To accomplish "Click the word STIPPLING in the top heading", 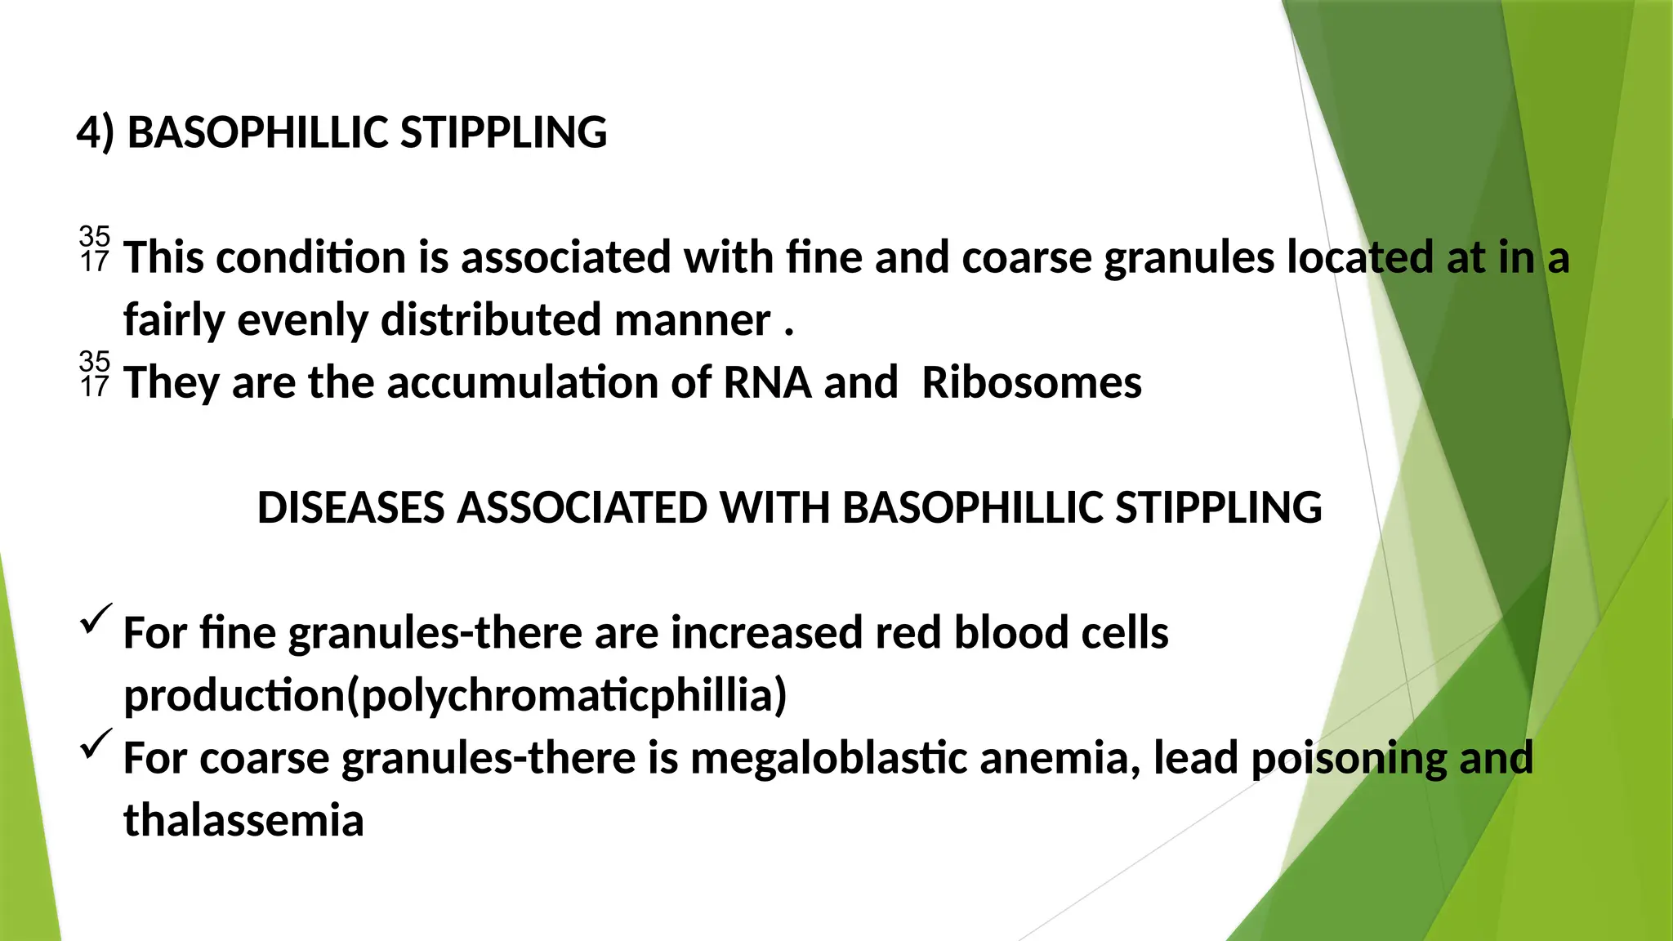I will click(x=503, y=132).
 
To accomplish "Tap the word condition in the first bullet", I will click(x=310, y=257).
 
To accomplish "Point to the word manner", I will click(x=692, y=319).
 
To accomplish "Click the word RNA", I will click(x=767, y=382).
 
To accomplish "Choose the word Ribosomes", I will click(x=1031, y=382).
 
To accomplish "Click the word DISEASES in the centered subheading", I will click(x=350, y=507).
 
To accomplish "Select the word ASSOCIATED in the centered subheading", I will click(x=582, y=507).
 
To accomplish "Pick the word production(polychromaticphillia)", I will click(x=455, y=695).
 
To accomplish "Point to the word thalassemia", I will click(x=243, y=820).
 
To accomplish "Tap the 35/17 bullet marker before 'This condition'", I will click(x=94, y=249).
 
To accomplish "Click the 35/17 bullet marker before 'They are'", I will click(x=94, y=374).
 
